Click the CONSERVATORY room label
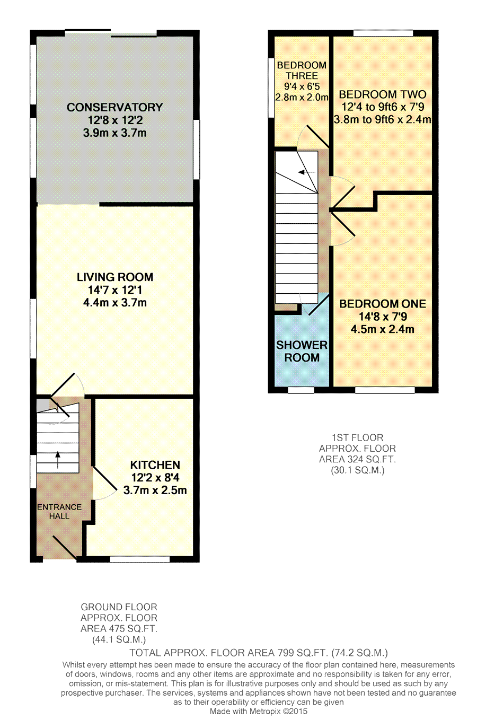(x=114, y=107)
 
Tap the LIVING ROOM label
(x=115, y=277)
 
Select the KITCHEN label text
(x=155, y=465)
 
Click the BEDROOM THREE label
(x=302, y=71)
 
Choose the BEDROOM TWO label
(x=382, y=94)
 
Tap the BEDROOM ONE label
(x=383, y=304)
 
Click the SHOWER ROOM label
(x=302, y=351)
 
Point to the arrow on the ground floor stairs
(x=58, y=460)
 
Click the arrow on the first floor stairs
(x=306, y=172)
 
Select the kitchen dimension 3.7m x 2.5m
(x=155, y=490)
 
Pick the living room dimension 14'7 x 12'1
(x=115, y=290)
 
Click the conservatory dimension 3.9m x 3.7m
(x=114, y=133)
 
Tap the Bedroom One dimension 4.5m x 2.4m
(x=383, y=329)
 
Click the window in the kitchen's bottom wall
(x=139, y=559)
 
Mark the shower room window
(x=301, y=390)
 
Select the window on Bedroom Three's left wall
(x=271, y=87)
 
